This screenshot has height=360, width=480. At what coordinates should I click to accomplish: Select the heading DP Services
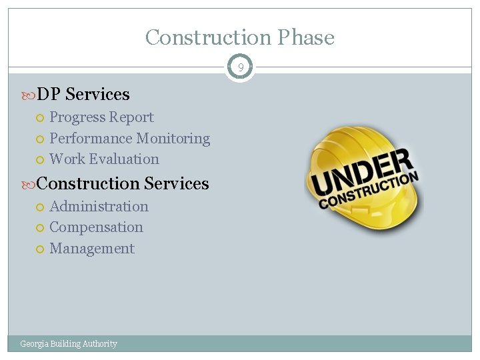(83, 95)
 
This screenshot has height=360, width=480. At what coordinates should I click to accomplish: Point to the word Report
(132, 117)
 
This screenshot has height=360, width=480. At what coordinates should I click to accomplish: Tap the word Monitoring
(173, 139)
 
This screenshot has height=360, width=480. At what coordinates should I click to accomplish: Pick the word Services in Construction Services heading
(176, 183)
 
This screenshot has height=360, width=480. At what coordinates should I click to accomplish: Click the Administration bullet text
(99, 207)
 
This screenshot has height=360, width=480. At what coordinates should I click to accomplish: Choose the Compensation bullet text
(96, 227)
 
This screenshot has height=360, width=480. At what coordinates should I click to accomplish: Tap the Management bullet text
(92, 249)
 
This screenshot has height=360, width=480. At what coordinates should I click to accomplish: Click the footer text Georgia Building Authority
(69, 344)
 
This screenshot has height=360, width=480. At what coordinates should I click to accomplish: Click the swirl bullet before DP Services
(27, 95)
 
